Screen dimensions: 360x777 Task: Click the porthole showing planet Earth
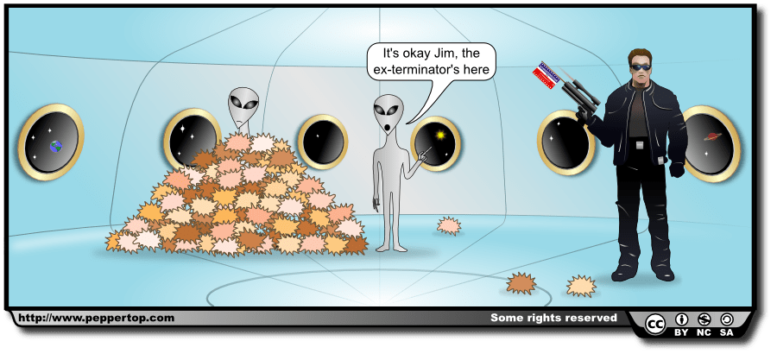tap(53, 142)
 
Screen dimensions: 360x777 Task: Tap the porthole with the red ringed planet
tap(711, 143)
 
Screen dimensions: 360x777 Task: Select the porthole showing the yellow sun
tap(438, 143)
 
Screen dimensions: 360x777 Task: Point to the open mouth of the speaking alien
tap(389, 127)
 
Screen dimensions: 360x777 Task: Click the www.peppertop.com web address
tap(96, 318)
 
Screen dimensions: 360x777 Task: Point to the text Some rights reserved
tap(553, 318)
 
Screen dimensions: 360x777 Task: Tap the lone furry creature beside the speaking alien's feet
tap(448, 226)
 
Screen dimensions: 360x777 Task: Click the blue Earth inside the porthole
tap(57, 147)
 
